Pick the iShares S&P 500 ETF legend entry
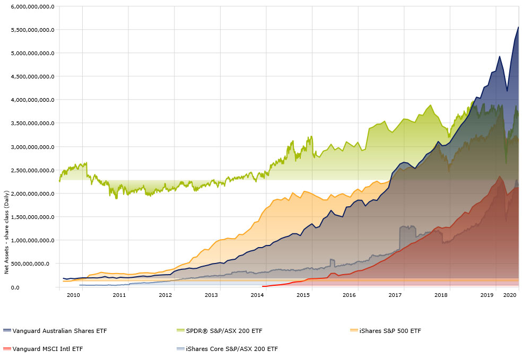[x=389, y=331]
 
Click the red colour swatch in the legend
[x=6, y=349]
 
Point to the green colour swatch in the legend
[x=180, y=331]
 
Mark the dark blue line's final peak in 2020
[x=518, y=27]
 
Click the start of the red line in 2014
[x=263, y=286]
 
